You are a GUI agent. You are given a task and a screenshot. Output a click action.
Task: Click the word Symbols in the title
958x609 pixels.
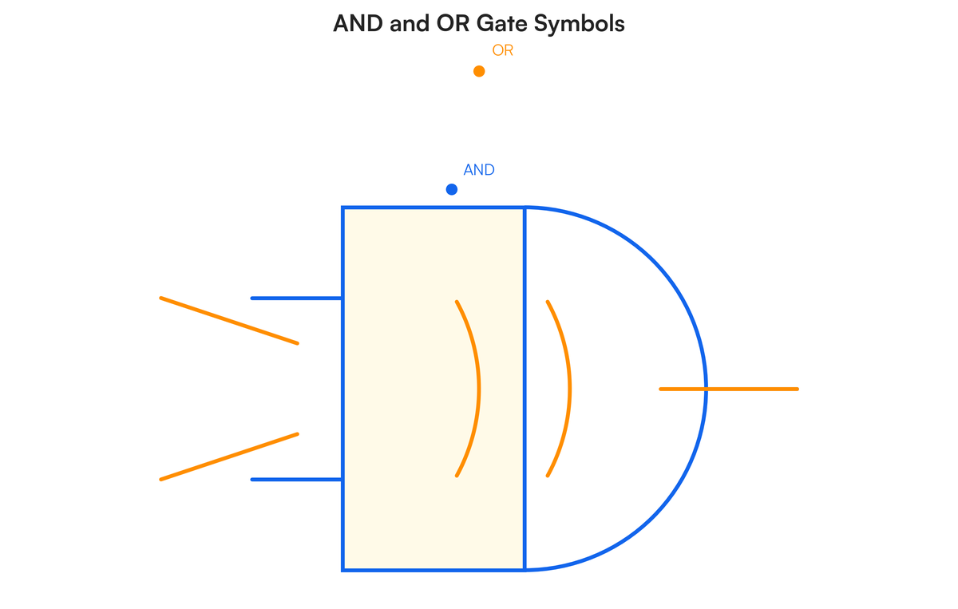click(x=579, y=24)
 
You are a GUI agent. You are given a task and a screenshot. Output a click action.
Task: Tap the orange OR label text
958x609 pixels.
click(x=502, y=51)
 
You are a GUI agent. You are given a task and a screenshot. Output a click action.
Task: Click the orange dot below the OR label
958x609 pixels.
click(x=479, y=71)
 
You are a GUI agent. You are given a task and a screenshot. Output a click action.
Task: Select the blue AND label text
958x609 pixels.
click(x=479, y=170)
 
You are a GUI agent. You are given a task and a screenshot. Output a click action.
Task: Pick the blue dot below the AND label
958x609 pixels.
click(x=452, y=189)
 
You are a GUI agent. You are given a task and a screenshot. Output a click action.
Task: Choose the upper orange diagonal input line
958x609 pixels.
click(x=229, y=321)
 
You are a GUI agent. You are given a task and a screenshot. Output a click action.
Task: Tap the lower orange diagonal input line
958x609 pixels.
click(x=229, y=457)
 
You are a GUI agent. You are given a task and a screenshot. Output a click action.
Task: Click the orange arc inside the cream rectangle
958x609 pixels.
click(x=477, y=389)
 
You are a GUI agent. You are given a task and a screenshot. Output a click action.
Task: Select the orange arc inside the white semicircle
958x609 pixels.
click(x=568, y=389)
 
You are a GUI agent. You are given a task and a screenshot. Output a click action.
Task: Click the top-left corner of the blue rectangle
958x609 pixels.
click(x=343, y=208)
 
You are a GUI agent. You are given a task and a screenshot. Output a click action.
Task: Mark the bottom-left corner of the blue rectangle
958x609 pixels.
click(x=343, y=570)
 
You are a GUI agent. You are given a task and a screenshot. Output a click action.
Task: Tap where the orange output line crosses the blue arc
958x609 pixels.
click(x=706, y=389)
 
